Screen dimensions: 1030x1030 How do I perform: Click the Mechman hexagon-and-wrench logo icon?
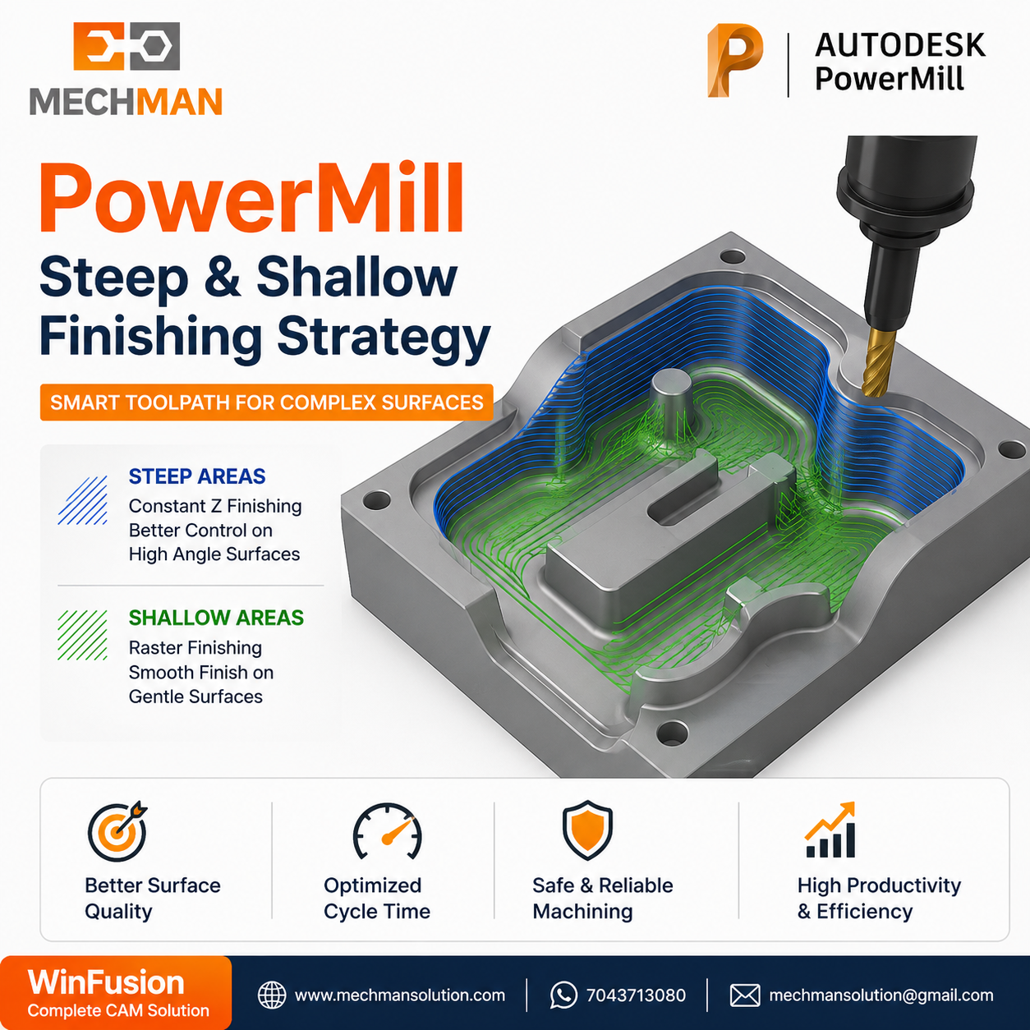(126, 46)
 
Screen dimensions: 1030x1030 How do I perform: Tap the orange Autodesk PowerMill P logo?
(735, 61)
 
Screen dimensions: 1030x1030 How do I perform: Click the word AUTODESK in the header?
(900, 45)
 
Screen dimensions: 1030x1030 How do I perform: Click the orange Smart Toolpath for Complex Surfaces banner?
(266, 402)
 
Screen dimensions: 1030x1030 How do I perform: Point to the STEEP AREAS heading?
(196, 476)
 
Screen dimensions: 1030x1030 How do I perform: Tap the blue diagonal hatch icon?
(82, 500)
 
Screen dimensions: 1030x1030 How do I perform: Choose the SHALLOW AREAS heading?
(216, 618)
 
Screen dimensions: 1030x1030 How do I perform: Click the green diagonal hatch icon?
(82, 635)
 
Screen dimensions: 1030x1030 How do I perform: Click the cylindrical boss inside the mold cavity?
(671, 402)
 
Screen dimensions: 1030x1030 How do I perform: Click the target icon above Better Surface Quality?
(117, 831)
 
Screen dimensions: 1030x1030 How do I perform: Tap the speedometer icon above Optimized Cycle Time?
(387, 831)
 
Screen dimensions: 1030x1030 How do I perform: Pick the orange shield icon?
(587, 830)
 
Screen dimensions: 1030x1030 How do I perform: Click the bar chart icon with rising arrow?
(830, 830)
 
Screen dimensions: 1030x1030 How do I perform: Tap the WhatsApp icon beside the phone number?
(563, 996)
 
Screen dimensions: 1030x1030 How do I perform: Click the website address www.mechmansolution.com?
(400, 996)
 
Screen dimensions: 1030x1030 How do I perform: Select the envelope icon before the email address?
(744, 996)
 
